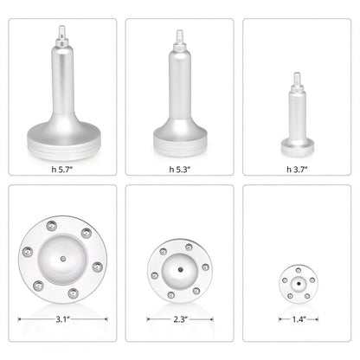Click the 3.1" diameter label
63,318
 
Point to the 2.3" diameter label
179,318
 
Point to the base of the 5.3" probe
179,138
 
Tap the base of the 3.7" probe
295,139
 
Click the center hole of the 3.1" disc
63,258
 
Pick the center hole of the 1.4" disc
296,282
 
